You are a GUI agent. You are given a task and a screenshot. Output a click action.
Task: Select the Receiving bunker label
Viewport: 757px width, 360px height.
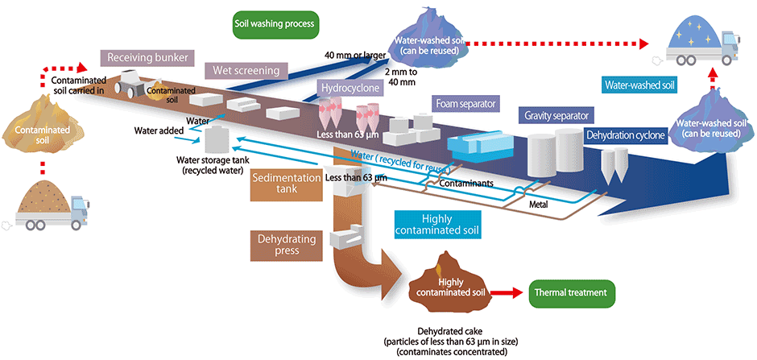(147, 58)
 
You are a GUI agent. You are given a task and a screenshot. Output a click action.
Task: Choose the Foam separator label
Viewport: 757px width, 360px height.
(465, 103)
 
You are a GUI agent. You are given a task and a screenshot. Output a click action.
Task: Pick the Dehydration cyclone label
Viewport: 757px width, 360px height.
(626, 134)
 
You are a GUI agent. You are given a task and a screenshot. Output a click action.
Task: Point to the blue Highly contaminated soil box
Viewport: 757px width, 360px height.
(439, 225)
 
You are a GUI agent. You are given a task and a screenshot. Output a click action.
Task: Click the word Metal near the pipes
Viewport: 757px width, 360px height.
(539, 204)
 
